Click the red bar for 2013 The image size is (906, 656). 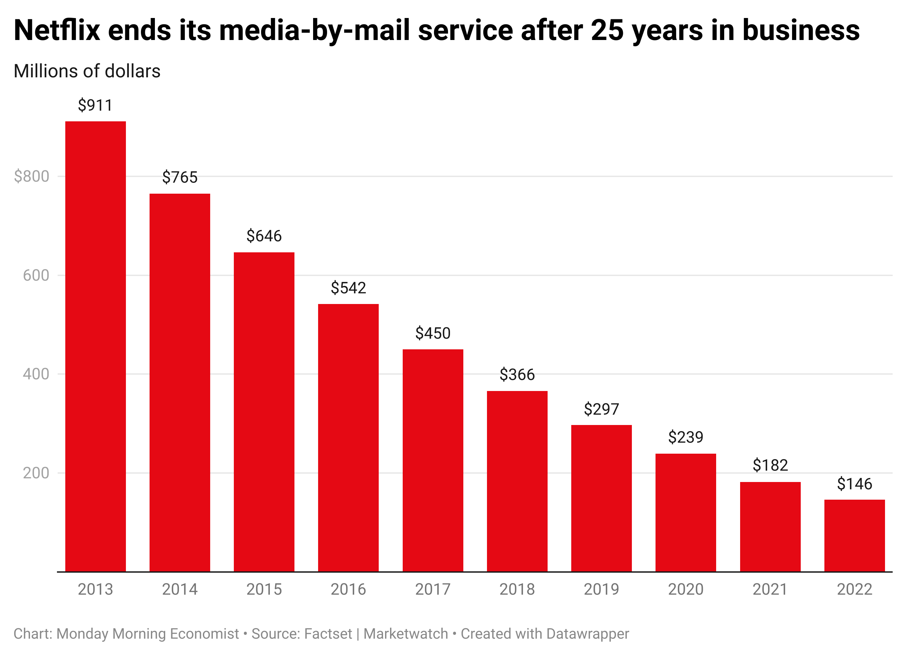point(96,346)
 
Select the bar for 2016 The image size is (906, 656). point(348,438)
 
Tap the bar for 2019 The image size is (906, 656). point(601,498)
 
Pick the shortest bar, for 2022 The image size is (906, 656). point(854,536)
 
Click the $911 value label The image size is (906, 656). point(96,105)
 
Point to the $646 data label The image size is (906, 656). point(264,236)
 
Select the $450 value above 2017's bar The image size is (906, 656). point(433,333)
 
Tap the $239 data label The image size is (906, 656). point(685,437)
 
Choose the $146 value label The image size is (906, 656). point(854,484)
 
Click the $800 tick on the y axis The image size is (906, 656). point(32,176)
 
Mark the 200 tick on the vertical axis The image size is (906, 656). point(36,473)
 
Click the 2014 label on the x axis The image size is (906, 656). point(180,589)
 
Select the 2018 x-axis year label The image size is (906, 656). point(517,589)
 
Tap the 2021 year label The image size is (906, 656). point(770,589)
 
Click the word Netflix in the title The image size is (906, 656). point(57,30)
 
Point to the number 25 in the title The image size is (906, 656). point(607,30)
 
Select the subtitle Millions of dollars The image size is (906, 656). point(87,71)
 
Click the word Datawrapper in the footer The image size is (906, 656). point(588,634)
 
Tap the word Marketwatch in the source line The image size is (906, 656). point(405,634)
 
